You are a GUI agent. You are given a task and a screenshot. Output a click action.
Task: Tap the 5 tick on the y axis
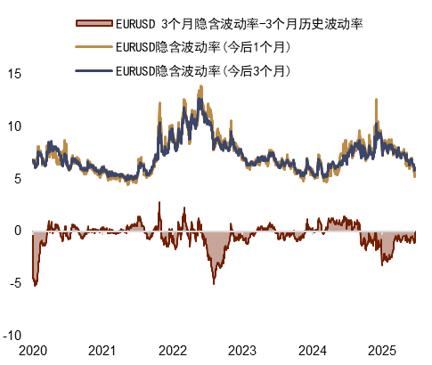coord(17,179)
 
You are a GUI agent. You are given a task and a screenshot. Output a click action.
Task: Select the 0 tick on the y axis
coord(17,231)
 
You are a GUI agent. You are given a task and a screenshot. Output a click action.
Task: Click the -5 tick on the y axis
coord(14,284)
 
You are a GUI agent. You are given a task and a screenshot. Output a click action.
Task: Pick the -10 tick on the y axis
coord(12,337)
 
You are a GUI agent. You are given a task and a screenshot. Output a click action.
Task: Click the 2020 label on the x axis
coord(32,351)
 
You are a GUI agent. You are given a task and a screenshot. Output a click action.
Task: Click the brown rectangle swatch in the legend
coord(94,22)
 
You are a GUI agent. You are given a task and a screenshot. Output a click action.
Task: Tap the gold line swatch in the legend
coord(94,46)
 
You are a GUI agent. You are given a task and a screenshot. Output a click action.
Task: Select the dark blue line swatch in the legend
coord(94,69)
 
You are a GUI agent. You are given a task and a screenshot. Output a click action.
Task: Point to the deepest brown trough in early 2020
coord(35,285)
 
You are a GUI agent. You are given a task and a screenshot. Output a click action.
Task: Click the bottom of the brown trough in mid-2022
coord(214,283)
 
